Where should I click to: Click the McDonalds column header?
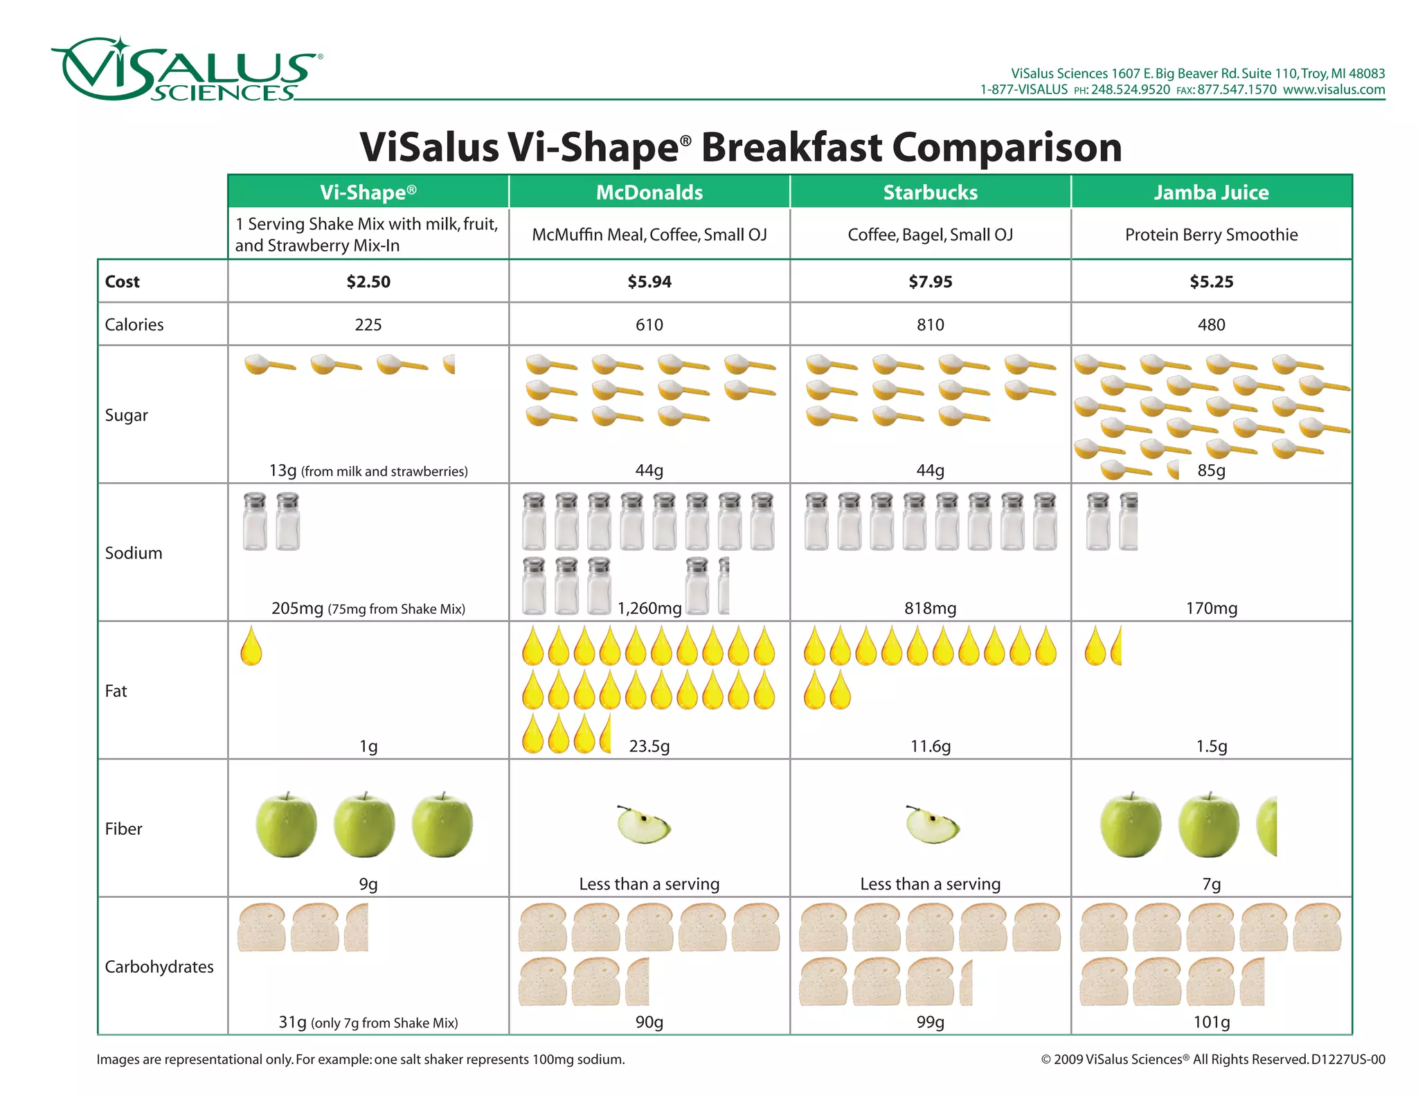(649, 192)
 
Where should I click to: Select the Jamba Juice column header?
(1211, 192)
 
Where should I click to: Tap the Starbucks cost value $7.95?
(930, 281)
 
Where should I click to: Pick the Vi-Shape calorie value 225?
(368, 324)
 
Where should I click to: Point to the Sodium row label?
(134, 553)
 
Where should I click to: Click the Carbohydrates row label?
(159, 966)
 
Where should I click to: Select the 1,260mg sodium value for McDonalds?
(649, 608)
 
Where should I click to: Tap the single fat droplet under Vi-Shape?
(251, 646)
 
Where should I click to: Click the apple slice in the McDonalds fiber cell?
(644, 824)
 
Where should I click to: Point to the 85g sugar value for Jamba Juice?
(1211, 470)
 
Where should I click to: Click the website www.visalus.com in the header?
(1334, 89)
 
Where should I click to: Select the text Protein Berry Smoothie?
(1211, 235)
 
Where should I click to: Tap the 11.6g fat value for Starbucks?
(930, 746)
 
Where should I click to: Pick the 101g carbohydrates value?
(1211, 1022)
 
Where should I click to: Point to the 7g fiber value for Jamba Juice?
(1211, 884)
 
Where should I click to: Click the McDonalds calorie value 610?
(649, 324)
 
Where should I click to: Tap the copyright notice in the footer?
(1212, 1059)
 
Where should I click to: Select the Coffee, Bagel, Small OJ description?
(930, 235)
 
